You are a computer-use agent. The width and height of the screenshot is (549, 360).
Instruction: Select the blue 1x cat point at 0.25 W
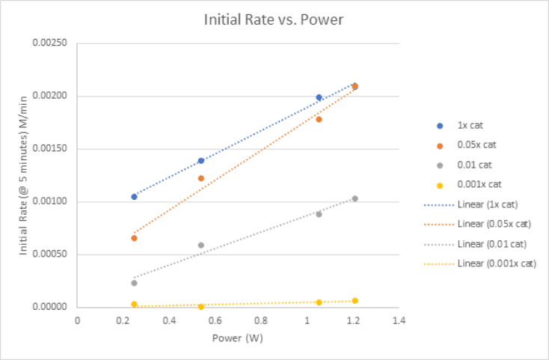tap(134, 197)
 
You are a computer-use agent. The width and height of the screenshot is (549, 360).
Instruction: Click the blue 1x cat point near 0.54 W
tap(201, 161)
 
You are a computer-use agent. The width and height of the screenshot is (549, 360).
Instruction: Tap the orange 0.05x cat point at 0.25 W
tap(134, 238)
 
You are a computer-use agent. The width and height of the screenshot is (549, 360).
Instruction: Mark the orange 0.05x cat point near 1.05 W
tap(319, 119)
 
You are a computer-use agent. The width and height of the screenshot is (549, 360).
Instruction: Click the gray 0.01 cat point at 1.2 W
tap(355, 198)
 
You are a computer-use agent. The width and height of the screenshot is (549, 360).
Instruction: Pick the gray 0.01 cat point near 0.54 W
tap(201, 245)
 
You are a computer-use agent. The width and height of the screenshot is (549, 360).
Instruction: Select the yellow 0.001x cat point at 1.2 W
tap(355, 301)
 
